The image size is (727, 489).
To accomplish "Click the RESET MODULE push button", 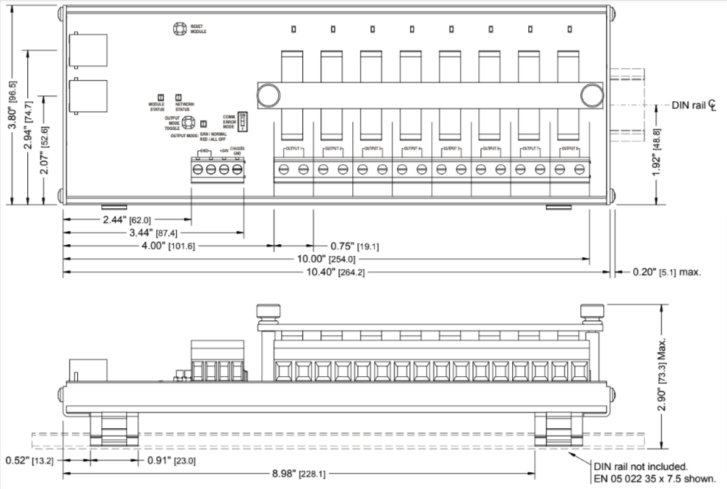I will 178,29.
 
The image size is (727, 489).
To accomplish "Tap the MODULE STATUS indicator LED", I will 161,97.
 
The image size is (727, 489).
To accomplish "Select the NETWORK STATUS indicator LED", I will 178,97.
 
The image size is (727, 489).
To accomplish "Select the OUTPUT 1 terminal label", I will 293,149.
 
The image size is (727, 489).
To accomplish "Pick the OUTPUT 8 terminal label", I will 569,149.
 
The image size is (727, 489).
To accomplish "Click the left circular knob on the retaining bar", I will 267,95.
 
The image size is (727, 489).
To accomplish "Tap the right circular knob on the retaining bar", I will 591,95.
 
